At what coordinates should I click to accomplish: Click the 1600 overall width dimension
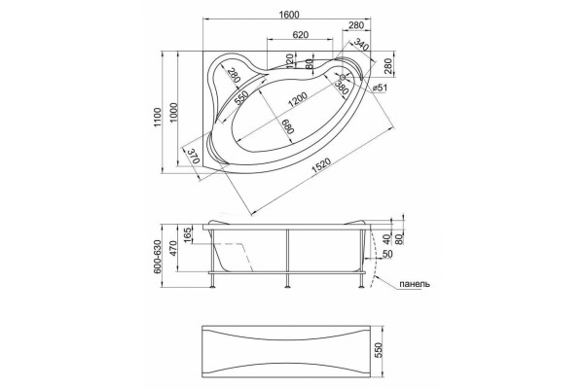click(x=289, y=15)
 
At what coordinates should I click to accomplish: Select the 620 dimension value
click(x=301, y=35)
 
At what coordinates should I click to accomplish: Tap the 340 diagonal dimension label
click(x=361, y=45)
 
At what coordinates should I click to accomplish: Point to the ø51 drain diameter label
click(x=380, y=88)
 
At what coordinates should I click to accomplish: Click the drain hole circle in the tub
click(x=343, y=77)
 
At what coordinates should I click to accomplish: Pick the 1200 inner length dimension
click(x=297, y=99)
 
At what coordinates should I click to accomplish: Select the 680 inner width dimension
click(x=288, y=126)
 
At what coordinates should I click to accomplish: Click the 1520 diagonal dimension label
click(x=321, y=166)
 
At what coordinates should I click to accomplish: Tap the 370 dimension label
click(x=193, y=156)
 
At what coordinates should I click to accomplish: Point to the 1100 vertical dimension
click(x=157, y=118)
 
